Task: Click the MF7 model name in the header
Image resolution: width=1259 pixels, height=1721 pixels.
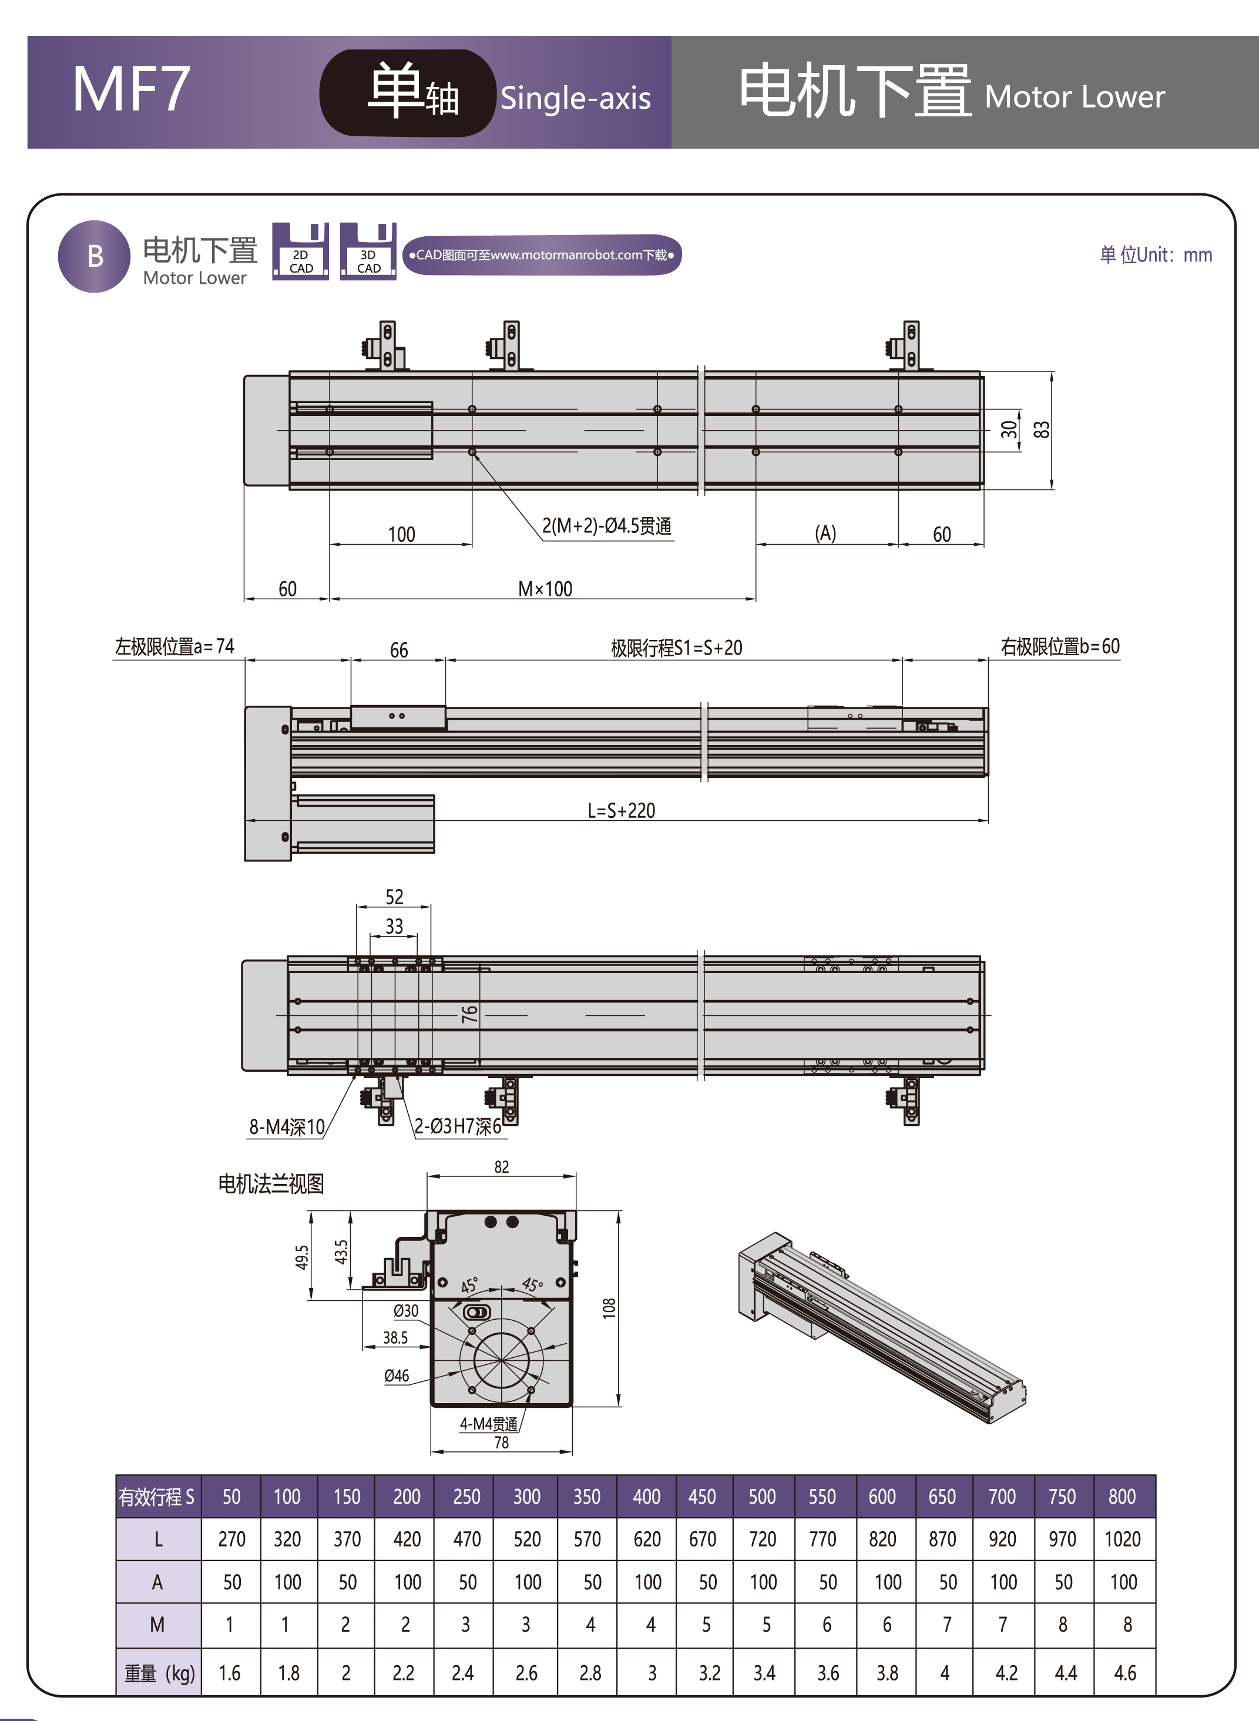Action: [x=131, y=90]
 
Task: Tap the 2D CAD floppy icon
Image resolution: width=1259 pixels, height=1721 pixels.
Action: [x=300, y=252]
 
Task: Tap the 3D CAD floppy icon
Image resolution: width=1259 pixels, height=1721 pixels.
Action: [x=368, y=252]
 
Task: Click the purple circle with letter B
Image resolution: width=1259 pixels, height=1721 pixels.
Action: [x=95, y=256]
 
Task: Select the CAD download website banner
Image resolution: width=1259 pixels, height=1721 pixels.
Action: [x=542, y=254]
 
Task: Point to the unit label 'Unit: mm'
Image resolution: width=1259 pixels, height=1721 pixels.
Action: [x=1156, y=254]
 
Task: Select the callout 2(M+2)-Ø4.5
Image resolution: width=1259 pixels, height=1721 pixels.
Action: [x=607, y=526]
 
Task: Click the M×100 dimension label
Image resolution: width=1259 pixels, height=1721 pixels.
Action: [x=545, y=588]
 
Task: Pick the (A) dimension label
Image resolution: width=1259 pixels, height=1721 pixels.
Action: [x=825, y=533]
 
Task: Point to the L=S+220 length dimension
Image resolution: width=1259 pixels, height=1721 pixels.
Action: [x=621, y=810]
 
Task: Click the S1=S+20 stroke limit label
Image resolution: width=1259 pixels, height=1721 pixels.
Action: [x=676, y=648]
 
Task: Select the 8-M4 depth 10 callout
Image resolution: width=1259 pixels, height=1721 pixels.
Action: [x=287, y=1126]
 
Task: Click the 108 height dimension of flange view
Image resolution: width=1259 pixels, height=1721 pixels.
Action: [x=609, y=1308]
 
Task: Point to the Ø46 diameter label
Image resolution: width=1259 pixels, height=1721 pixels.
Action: [x=397, y=1376]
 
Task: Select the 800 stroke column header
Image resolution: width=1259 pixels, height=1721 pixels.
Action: [x=1122, y=1496]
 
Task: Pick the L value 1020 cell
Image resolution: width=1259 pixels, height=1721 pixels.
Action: [x=1122, y=1539]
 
